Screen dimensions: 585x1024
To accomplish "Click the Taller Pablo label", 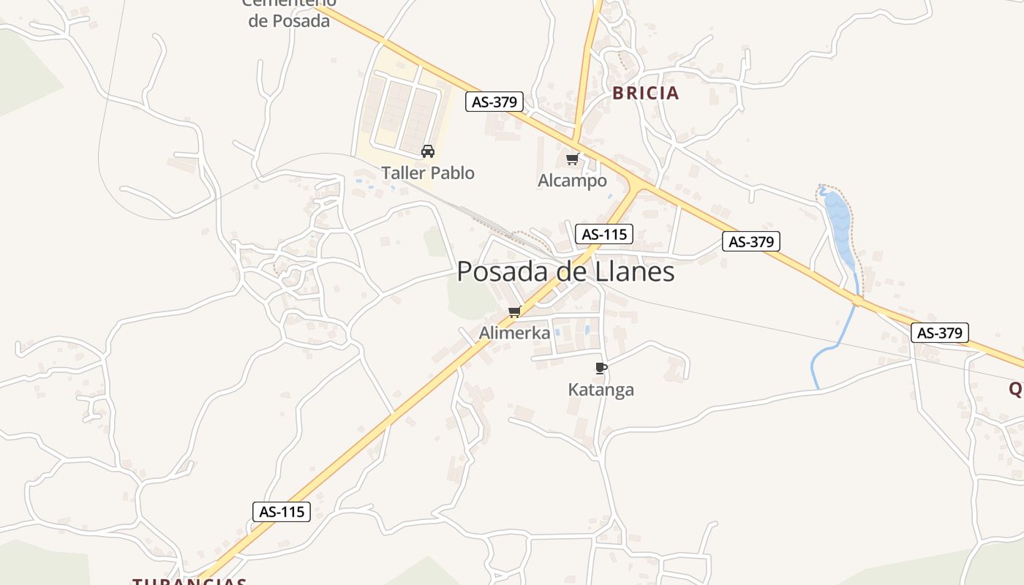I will coord(428,173).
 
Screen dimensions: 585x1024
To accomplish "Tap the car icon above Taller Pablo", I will coord(428,151).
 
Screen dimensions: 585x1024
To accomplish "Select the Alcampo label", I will coord(573,181).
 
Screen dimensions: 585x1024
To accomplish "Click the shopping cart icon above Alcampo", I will coord(573,159).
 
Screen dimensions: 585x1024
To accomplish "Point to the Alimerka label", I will coord(514,333).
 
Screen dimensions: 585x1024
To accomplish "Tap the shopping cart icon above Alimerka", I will coord(514,312).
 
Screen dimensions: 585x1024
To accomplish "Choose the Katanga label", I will coord(601,390).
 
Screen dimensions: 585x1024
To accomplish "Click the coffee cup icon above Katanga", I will coord(601,368).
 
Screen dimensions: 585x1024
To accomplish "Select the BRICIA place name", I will coord(646,94).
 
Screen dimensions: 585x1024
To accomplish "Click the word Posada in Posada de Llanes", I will coord(502,272).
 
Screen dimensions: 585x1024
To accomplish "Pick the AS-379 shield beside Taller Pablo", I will coord(494,102).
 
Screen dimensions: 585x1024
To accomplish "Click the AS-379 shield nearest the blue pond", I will coord(751,241).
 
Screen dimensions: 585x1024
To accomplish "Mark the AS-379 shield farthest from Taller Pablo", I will coord(940,333).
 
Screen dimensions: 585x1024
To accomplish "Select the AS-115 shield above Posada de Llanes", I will coord(603,234).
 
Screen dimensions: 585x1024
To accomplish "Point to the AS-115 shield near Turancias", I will coord(282,512).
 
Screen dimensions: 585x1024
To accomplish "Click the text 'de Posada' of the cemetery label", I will coord(289,21).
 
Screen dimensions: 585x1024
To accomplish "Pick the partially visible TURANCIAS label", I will coord(189,581).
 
